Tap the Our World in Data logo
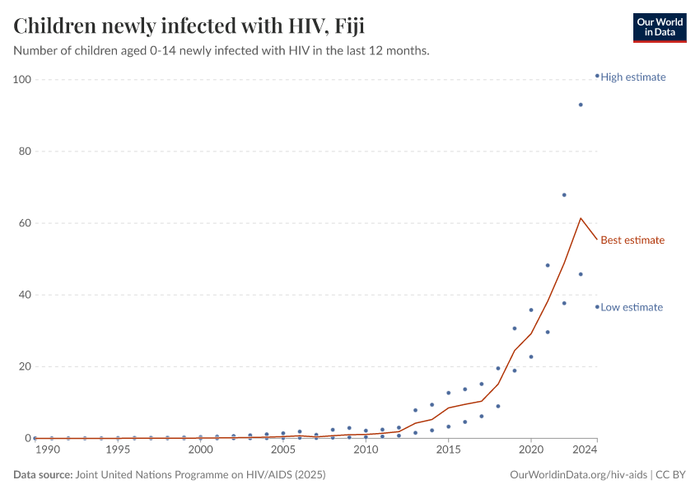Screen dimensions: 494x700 click(x=659, y=27)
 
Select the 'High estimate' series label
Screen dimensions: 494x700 click(x=632, y=77)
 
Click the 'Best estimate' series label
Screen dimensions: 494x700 click(x=632, y=240)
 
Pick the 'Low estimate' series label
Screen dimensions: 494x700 click(x=631, y=307)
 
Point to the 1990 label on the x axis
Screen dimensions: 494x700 click(x=47, y=450)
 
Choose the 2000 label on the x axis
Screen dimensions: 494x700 click(x=201, y=450)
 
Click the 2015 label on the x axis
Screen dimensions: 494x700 click(x=449, y=450)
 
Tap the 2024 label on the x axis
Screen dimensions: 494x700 click(x=585, y=450)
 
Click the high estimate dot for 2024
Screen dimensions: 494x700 click(x=597, y=76)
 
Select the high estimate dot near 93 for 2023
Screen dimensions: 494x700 click(x=581, y=105)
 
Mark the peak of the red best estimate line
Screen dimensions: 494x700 click(x=581, y=218)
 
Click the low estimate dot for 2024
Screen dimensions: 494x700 click(x=597, y=307)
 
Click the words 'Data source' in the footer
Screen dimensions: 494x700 click(x=43, y=475)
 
